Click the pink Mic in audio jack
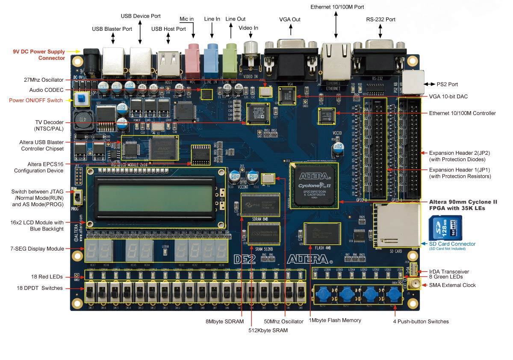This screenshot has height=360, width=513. click(x=193, y=56)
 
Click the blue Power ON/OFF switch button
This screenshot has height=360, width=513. click(x=80, y=100)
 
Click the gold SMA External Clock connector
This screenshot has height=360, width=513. click(x=414, y=283)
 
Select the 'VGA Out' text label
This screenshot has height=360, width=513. click(x=290, y=20)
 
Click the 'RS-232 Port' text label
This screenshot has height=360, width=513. click(x=380, y=20)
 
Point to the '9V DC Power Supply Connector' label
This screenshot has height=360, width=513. click(x=39, y=54)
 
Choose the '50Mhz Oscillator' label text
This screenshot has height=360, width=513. click(x=283, y=321)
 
